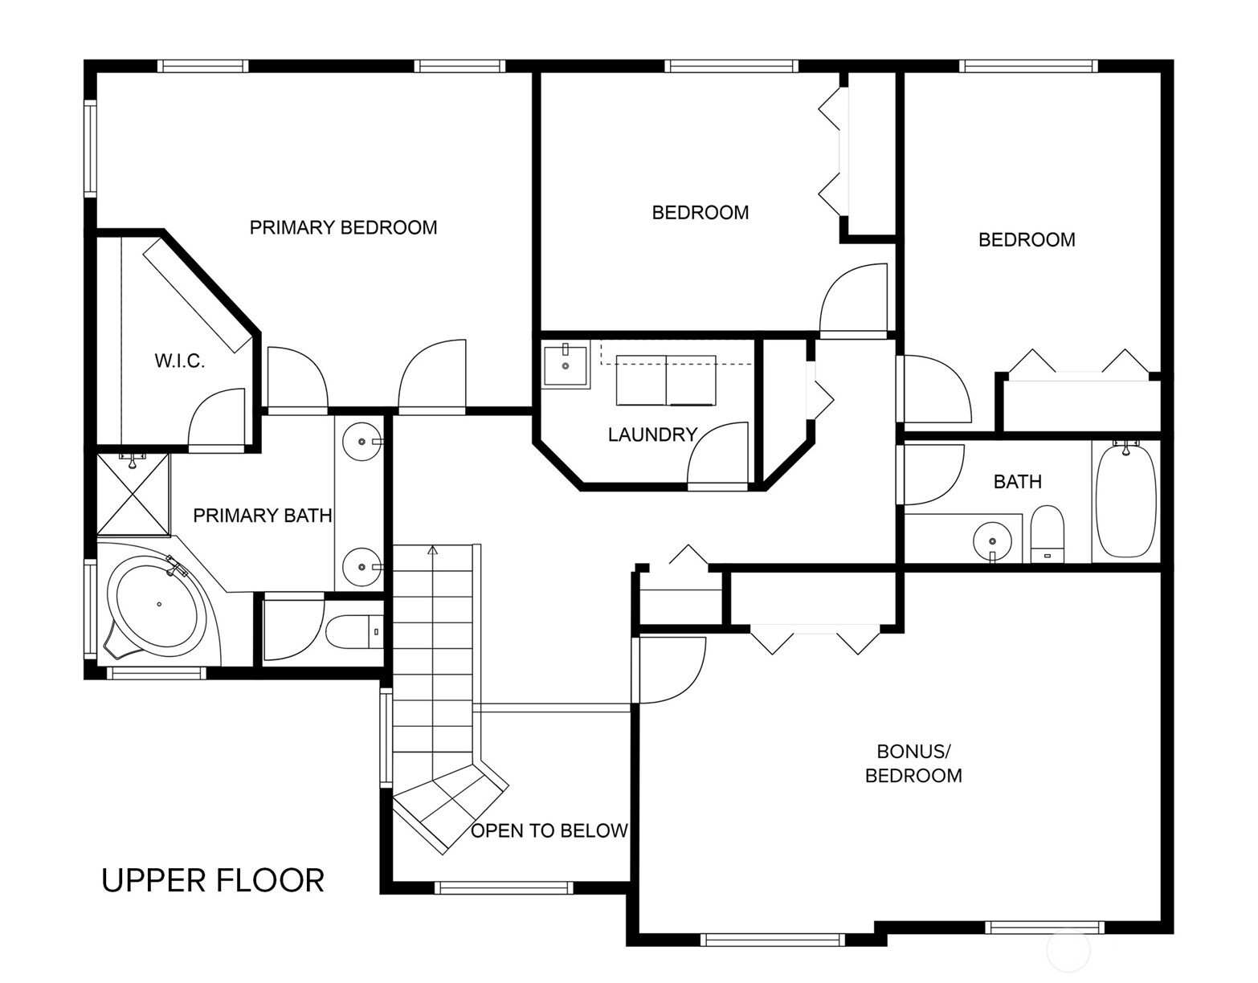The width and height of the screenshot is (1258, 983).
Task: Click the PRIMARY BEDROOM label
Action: (x=343, y=227)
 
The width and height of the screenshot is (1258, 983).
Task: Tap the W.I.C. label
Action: (x=179, y=361)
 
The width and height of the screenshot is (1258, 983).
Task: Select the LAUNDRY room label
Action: (x=652, y=434)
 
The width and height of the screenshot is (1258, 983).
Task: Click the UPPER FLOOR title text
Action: (x=213, y=880)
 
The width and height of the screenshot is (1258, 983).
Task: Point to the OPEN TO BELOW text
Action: (x=549, y=831)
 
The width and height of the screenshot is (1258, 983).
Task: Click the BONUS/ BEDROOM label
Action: (x=913, y=763)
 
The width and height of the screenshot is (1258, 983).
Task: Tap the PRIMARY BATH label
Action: (x=262, y=516)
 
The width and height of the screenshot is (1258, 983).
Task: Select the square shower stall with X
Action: (x=133, y=494)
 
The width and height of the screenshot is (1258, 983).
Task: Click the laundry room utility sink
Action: (x=566, y=364)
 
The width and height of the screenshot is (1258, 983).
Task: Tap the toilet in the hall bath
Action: (x=1048, y=534)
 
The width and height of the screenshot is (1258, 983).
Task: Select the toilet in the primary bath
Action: (x=353, y=632)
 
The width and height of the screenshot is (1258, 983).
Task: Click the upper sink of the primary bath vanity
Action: (x=361, y=442)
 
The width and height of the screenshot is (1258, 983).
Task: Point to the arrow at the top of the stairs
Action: (x=432, y=550)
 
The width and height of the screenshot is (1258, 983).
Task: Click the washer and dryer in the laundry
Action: (x=666, y=380)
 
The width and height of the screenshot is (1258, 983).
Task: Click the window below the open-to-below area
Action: (x=504, y=887)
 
